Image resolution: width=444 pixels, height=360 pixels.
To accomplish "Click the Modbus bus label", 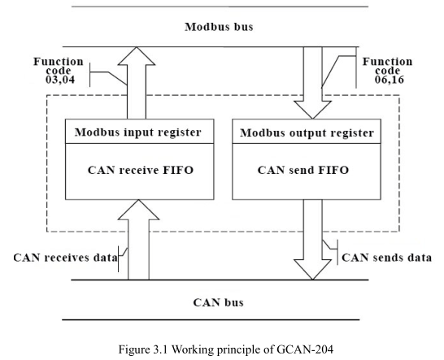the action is coord(219,27).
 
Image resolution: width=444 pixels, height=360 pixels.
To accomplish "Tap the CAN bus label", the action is coord(218,302).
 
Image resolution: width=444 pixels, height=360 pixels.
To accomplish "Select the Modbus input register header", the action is coord(138,132).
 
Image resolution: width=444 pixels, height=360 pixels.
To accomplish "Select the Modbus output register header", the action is coord(307,132).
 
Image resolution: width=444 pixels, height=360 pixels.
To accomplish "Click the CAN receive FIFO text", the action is coord(141,170).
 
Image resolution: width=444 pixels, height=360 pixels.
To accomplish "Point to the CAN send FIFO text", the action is coord(303,170).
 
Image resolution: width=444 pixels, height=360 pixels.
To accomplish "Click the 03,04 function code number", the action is coord(60,80).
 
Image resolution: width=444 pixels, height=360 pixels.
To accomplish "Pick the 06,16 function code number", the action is coord(390,80).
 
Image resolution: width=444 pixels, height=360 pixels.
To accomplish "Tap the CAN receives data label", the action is coord(65,258).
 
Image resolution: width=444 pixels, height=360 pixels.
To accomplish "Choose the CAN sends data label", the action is coord(387,258).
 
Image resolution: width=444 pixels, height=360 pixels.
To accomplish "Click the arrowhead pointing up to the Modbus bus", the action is coord(137,56).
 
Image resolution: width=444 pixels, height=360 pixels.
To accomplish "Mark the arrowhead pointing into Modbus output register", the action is coord(312,110).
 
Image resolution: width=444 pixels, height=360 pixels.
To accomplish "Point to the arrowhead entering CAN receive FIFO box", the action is coord(138,210).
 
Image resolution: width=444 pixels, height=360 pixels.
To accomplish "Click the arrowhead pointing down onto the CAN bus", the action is coord(312,270).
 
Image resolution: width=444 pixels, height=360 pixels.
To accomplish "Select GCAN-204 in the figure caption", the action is coord(305,349).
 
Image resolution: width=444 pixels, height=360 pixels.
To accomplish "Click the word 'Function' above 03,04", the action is coord(59,62).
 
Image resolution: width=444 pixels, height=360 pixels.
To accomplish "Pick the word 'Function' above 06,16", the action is coord(387,62).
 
